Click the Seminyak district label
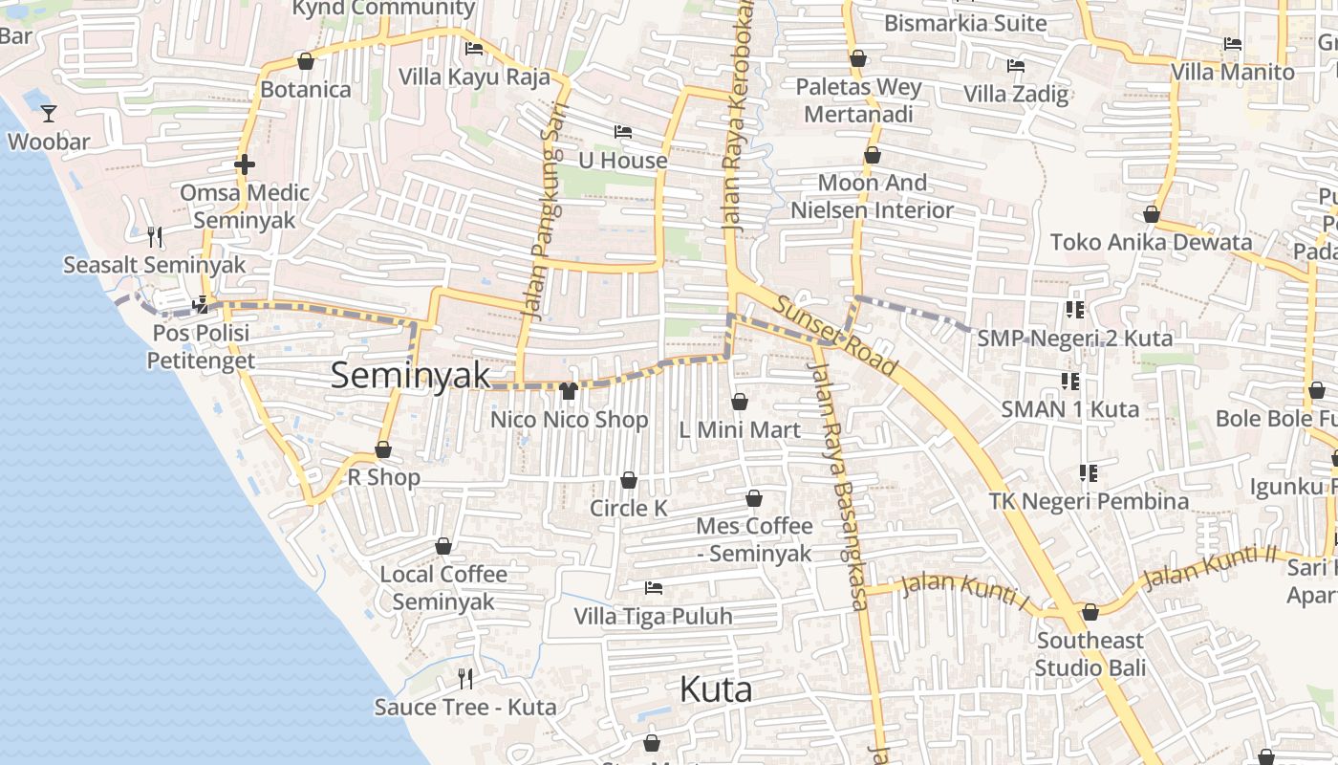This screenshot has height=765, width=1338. (x=410, y=376)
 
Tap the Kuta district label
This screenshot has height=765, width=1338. (x=716, y=689)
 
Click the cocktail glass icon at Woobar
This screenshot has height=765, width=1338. (x=49, y=114)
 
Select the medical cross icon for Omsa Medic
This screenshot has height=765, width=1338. (x=245, y=164)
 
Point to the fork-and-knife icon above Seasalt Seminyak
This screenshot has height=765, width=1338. (x=155, y=236)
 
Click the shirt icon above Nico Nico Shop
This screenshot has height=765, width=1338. (x=569, y=390)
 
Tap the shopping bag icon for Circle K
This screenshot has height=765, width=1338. (x=629, y=480)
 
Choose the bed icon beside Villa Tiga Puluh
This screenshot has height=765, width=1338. (x=654, y=587)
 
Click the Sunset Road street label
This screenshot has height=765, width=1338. (x=835, y=336)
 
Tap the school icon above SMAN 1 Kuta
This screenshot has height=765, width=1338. (x=1070, y=382)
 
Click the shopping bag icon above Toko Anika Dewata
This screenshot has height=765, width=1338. (x=1152, y=214)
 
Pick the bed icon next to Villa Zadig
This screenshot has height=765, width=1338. (x=1016, y=66)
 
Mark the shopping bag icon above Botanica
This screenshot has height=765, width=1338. (x=306, y=62)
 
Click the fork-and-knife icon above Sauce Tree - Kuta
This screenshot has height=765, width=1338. (x=465, y=679)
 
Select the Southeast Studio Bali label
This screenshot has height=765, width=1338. (x=1090, y=653)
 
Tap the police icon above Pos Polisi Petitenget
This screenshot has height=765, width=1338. (x=201, y=305)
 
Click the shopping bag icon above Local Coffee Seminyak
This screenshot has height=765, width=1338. (x=443, y=547)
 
